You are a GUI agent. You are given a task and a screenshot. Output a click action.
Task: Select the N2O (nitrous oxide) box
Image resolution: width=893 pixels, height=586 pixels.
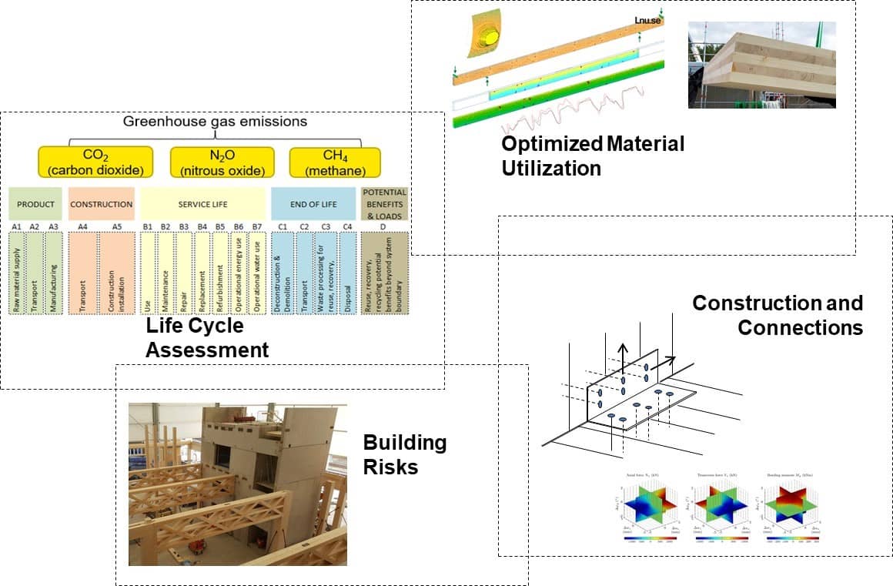[222, 162]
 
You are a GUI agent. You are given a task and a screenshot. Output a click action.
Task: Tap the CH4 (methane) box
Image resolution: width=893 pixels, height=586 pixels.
[327, 162]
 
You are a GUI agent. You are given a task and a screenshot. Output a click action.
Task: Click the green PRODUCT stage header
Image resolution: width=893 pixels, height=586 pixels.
[35, 204]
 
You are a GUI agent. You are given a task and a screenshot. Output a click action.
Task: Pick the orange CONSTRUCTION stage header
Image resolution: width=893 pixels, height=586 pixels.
[101, 204]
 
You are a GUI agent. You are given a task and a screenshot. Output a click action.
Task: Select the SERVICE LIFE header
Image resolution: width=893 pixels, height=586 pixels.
[202, 204]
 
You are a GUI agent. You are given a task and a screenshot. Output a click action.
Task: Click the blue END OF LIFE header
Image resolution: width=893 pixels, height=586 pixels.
[313, 204]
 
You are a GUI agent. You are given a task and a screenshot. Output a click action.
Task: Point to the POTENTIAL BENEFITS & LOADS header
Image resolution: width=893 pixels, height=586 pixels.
[383, 203]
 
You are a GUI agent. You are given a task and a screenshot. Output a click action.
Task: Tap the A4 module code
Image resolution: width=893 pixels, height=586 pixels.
[82, 226]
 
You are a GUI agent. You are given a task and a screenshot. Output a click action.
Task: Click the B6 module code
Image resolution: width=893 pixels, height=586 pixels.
[239, 226]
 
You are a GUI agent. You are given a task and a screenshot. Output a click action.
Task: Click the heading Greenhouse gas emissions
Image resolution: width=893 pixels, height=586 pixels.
[215, 121]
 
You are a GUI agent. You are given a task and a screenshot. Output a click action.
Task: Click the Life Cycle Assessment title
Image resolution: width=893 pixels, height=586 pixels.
[207, 338]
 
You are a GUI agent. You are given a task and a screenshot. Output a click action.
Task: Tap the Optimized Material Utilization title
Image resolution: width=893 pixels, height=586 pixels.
[592, 156]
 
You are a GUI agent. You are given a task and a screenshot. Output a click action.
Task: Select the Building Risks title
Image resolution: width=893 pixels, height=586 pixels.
[404, 454]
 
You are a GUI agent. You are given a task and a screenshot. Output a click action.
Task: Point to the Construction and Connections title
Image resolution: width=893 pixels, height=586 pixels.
[778, 315]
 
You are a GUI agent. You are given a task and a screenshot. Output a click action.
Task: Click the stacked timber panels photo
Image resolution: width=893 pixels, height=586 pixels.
[761, 65]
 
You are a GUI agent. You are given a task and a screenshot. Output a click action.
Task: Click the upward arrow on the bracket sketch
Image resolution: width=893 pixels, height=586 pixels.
[624, 350]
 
